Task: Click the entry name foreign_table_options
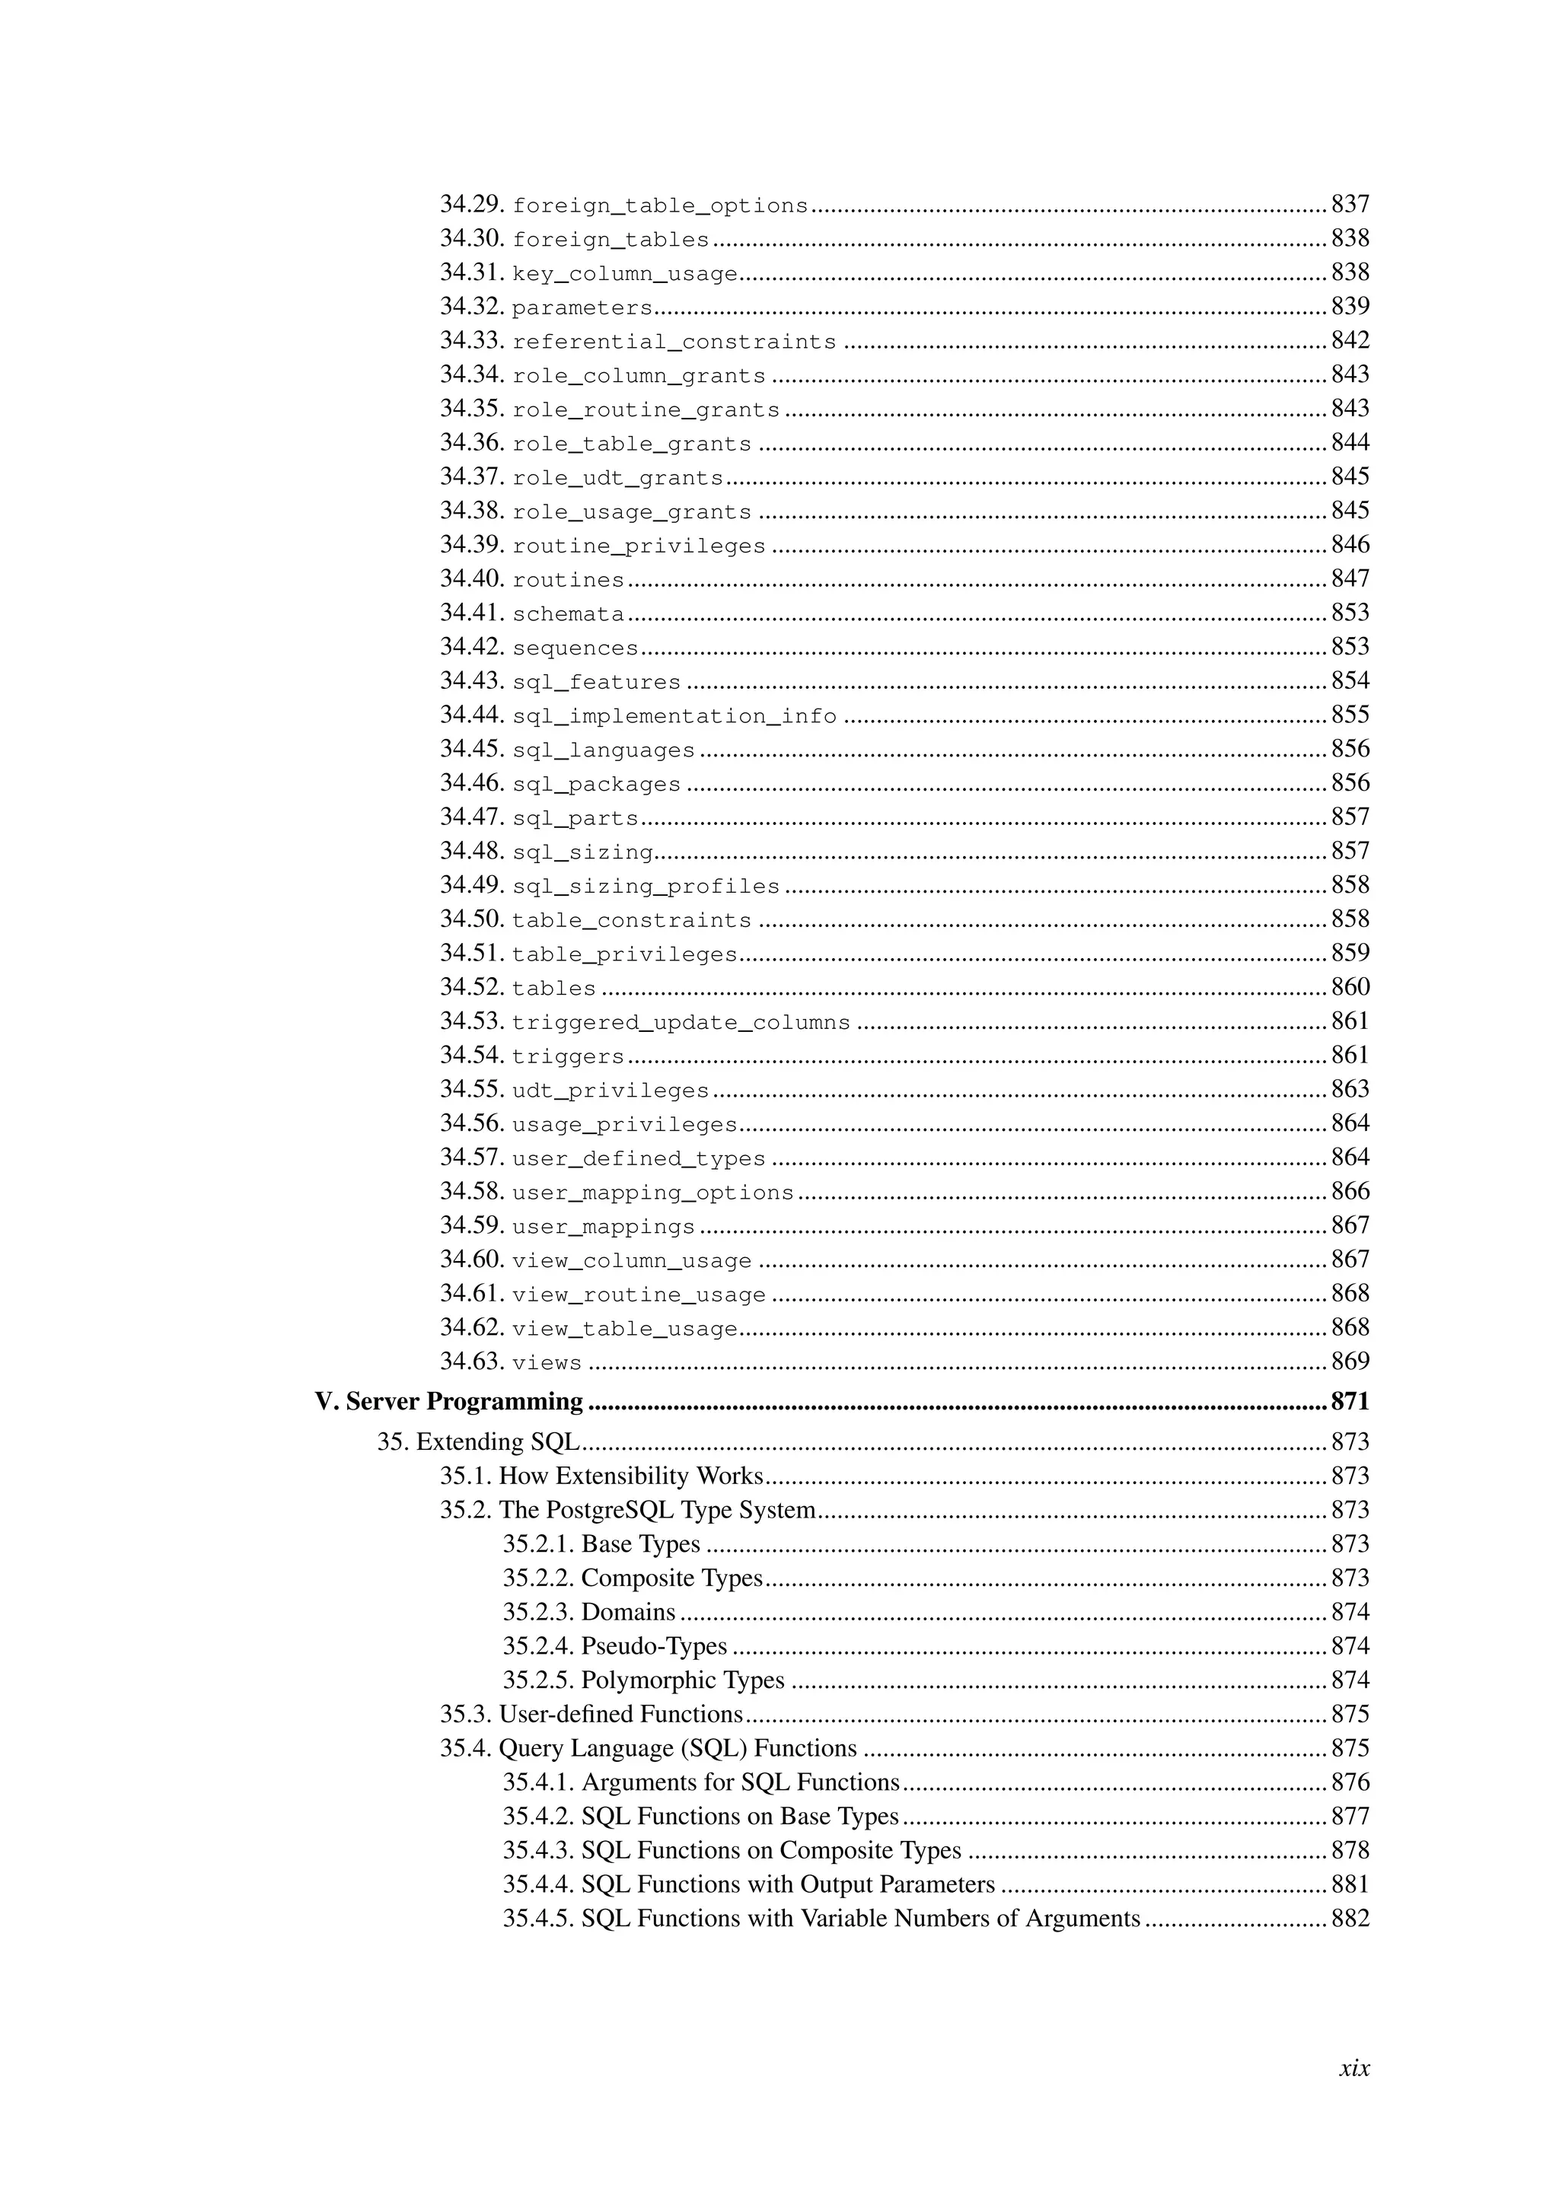tap(661, 206)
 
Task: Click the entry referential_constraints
tap(674, 342)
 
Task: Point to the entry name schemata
tap(569, 614)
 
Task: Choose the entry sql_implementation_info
tap(674, 717)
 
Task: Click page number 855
tap(1350, 716)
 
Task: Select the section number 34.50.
tap(472, 919)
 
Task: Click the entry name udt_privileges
tap(611, 1091)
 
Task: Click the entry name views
tap(547, 1363)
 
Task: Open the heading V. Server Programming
tap(449, 1403)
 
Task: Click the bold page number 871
tap(1350, 1403)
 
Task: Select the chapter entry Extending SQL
tap(497, 1443)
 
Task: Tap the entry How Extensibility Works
tap(631, 1476)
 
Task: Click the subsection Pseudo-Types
tap(654, 1646)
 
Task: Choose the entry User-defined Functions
tap(620, 1715)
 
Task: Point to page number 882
tap(1350, 1919)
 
